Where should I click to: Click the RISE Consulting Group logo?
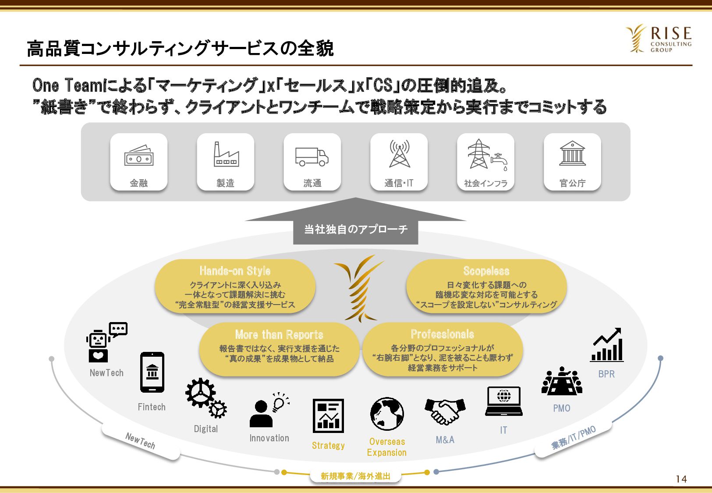(x=659, y=39)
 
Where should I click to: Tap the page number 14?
(x=681, y=479)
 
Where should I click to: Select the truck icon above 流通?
(x=312, y=157)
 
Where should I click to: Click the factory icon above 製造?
(x=226, y=154)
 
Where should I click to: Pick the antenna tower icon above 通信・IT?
(x=400, y=153)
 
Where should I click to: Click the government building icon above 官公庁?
(x=573, y=153)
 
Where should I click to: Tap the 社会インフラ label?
(x=485, y=184)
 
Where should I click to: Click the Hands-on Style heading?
(x=235, y=271)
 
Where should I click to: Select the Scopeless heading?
(x=486, y=271)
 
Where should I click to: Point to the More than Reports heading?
(x=279, y=334)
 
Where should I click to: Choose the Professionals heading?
(x=443, y=334)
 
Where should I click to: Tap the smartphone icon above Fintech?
(x=152, y=372)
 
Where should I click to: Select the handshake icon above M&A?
(x=445, y=412)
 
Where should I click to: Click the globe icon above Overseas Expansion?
(x=387, y=414)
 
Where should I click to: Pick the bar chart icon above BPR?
(x=607, y=345)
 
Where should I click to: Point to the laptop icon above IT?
(x=504, y=401)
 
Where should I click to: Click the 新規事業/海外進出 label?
(x=355, y=476)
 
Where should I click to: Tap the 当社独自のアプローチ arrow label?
(x=356, y=229)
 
